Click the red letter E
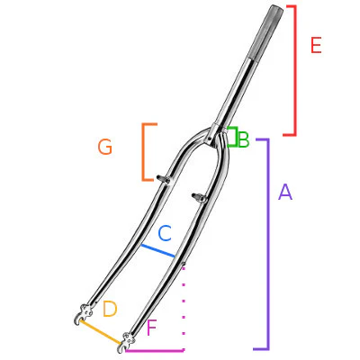coord(315,45)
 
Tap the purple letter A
coord(285,192)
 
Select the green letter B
coord(243,139)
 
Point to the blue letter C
coord(165,233)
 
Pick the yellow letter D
coord(110,310)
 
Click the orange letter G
coord(105,147)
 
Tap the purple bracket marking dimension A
coord(267,243)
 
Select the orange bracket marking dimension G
coord(144,151)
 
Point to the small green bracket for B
coord(233,138)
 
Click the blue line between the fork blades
coord(157,249)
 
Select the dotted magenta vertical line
coord(184,306)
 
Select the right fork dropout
coord(126,342)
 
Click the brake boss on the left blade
coord(164,177)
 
